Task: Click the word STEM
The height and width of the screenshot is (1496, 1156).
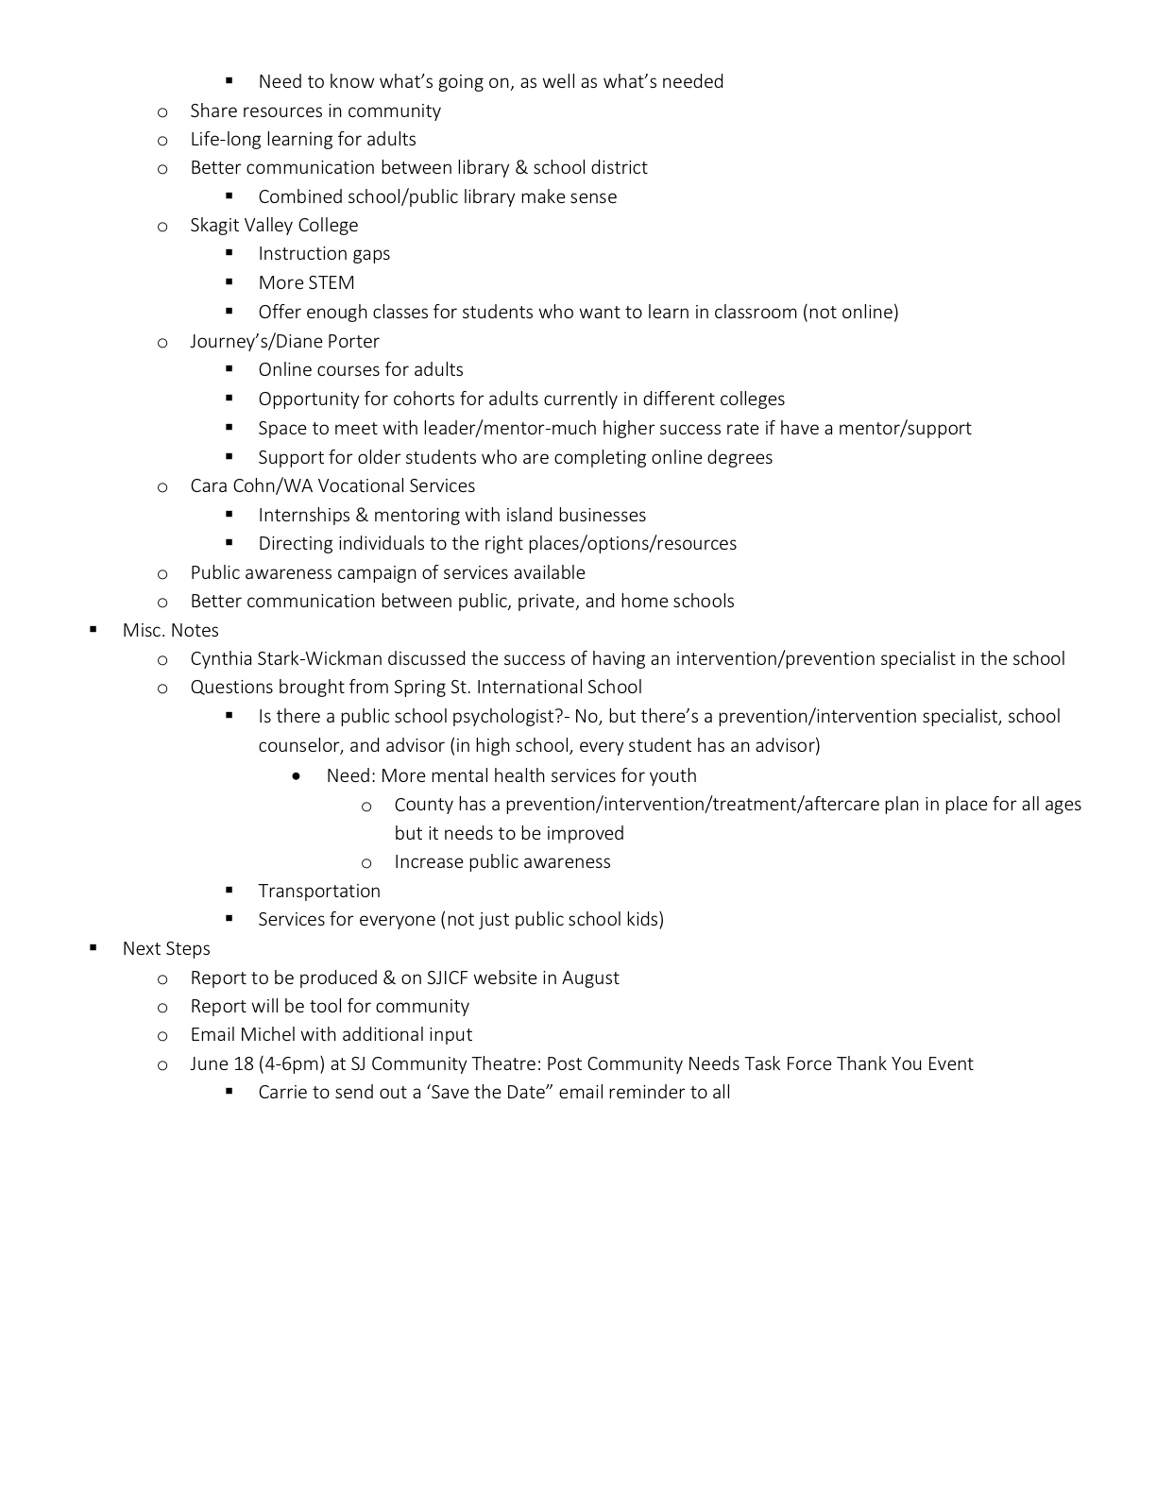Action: (x=330, y=282)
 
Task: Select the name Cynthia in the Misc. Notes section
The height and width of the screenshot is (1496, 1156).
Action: (x=221, y=658)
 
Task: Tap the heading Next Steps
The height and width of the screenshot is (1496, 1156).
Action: (x=166, y=948)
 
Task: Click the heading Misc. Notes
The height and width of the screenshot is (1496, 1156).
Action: (x=170, y=630)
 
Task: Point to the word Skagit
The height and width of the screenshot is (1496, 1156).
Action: (x=214, y=225)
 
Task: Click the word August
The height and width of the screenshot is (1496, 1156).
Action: (x=590, y=977)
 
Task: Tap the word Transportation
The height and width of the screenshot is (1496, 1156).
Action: (x=319, y=891)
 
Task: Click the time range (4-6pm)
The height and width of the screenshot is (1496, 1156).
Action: (x=291, y=1063)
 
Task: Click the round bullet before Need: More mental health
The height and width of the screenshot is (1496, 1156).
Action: (x=297, y=775)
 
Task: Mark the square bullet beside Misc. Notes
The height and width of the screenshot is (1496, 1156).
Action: (x=93, y=629)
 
